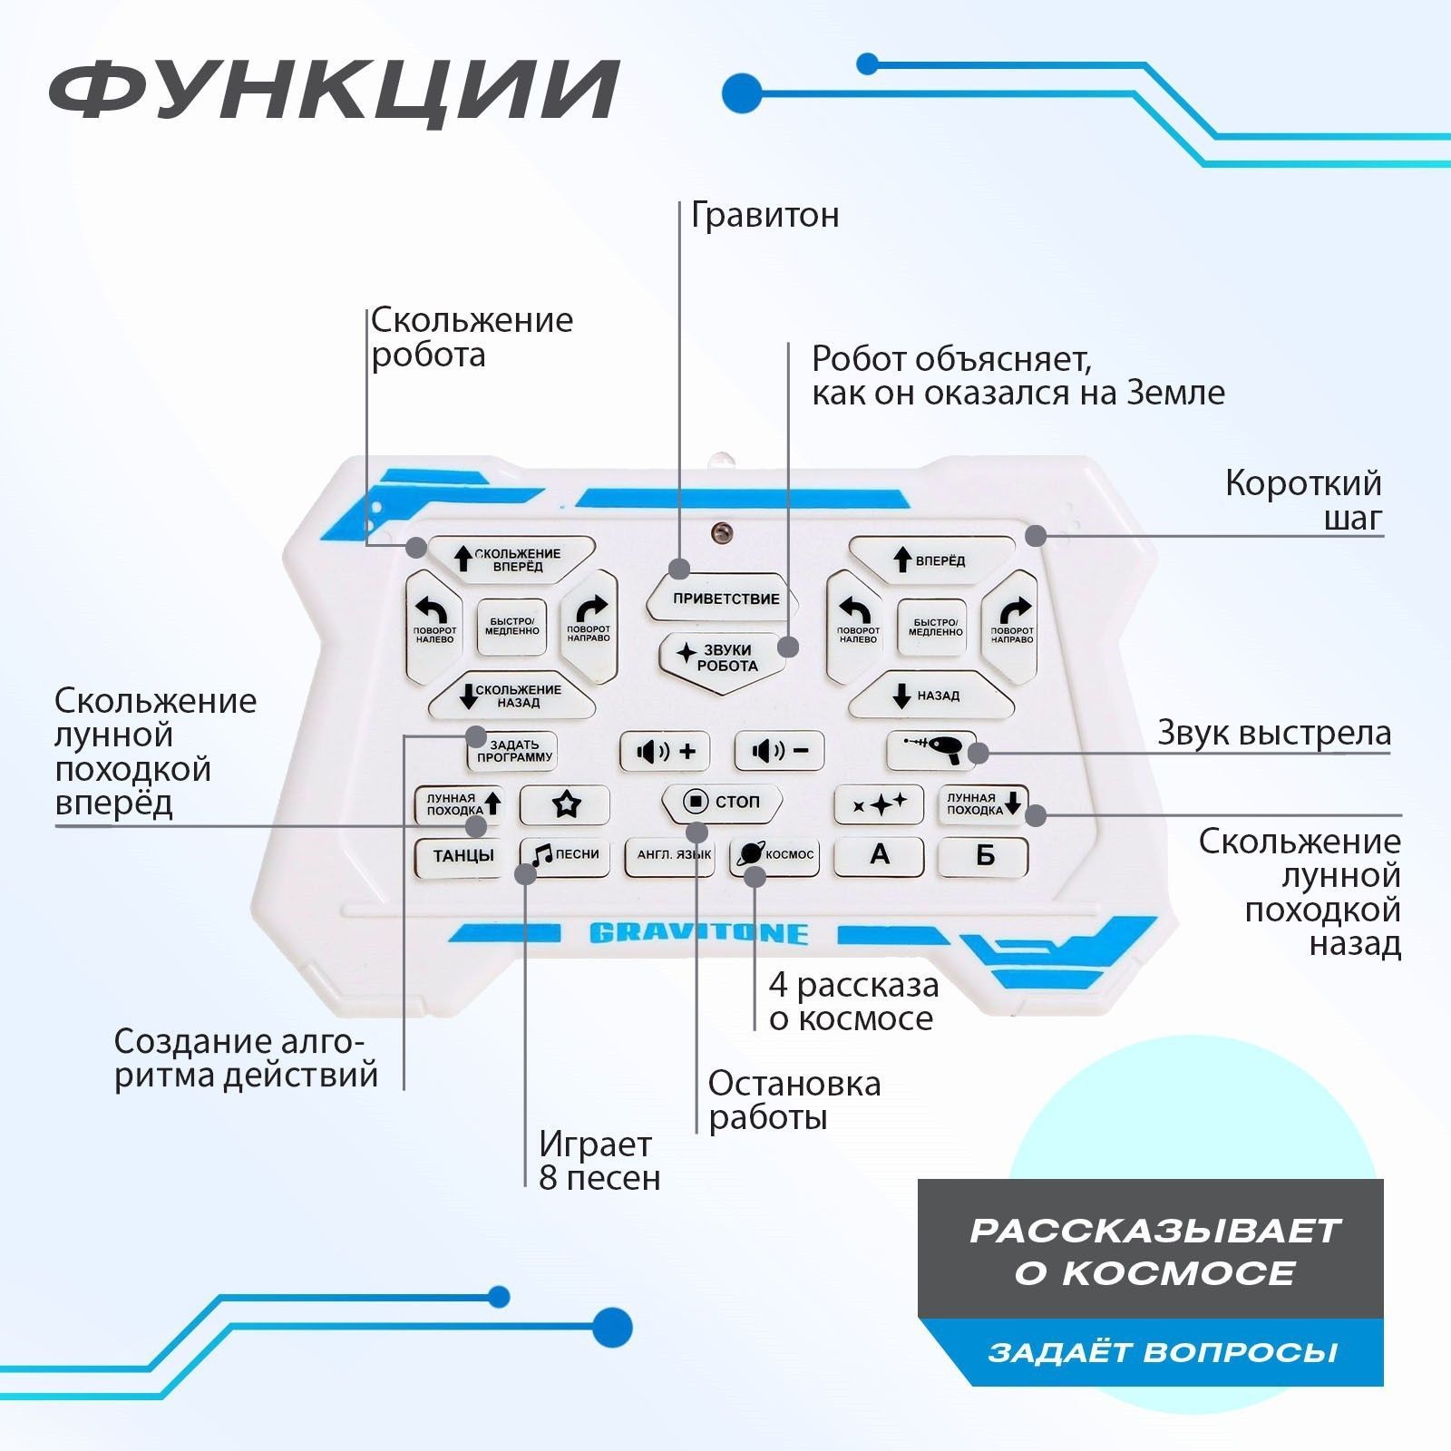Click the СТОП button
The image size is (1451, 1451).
click(x=722, y=802)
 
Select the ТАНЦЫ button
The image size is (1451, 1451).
click(x=463, y=855)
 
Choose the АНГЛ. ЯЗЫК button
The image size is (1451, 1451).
click(x=670, y=855)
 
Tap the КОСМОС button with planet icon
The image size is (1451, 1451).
click(x=775, y=854)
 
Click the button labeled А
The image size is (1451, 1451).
click(x=879, y=855)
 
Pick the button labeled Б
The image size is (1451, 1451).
click(x=984, y=855)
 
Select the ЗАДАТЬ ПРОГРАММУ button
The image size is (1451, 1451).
click(x=513, y=751)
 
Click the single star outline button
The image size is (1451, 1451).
click(x=566, y=803)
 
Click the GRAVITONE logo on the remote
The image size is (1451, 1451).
click(x=698, y=933)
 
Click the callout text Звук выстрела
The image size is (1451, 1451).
click(x=1273, y=733)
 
